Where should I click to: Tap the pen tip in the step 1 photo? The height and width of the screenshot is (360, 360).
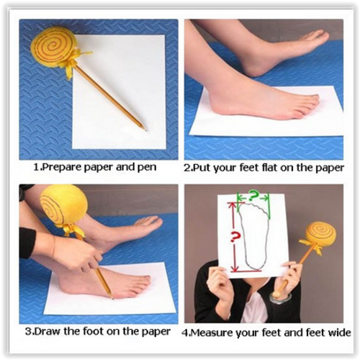(x=145, y=130)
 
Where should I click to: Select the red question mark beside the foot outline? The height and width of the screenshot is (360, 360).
(x=235, y=236)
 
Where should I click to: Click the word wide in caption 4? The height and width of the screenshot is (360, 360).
(x=340, y=333)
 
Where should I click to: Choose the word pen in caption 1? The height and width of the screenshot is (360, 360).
(x=147, y=168)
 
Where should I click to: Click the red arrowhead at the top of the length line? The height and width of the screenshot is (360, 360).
(x=232, y=206)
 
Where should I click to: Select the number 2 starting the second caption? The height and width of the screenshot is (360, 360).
(x=186, y=168)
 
